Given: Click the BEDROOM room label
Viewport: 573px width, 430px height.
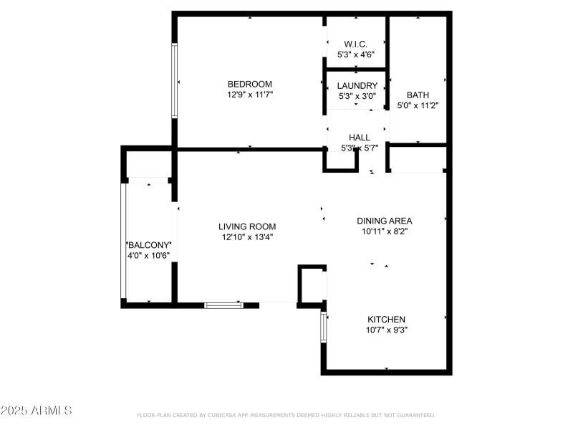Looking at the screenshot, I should (x=249, y=84).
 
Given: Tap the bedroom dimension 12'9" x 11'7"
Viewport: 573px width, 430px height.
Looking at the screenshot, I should (x=249, y=94).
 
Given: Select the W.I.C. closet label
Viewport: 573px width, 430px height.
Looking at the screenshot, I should (x=356, y=44).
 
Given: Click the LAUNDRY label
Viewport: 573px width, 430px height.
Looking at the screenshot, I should (x=357, y=86).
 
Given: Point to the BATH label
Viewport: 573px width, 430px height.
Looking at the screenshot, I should (x=418, y=95).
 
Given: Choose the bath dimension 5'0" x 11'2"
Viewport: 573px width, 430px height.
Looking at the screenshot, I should (x=418, y=105).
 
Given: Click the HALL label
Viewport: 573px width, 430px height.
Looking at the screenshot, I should (x=359, y=138).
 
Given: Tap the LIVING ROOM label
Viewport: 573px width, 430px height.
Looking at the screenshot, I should (x=247, y=226).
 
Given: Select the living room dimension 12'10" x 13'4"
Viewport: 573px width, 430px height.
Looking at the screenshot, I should (x=247, y=236).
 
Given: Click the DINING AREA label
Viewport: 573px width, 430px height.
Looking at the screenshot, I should (x=385, y=221).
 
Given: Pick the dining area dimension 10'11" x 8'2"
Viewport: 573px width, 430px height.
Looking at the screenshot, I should (x=385, y=231).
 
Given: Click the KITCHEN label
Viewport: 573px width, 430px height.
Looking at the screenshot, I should (x=387, y=320).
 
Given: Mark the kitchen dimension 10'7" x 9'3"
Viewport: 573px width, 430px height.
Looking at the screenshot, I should (x=387, y=330).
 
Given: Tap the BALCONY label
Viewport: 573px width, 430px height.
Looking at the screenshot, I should (x=148, y=245).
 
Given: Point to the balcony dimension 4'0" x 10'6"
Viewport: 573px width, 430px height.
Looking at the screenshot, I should (x=148, y=255).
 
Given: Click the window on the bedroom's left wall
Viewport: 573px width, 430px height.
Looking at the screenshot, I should (x=174, y=80).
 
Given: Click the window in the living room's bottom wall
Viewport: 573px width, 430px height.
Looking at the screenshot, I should (x=223, y=305).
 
